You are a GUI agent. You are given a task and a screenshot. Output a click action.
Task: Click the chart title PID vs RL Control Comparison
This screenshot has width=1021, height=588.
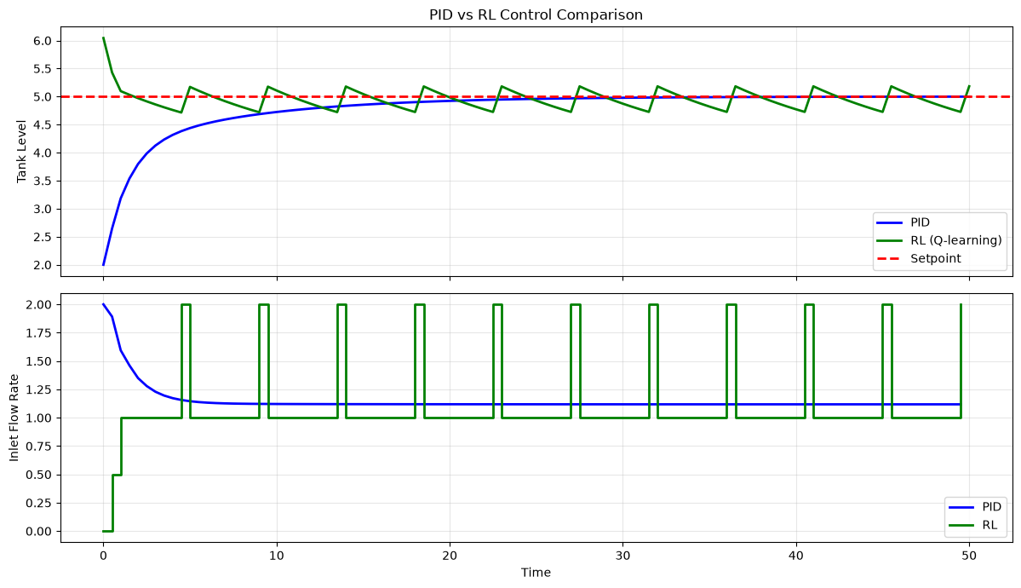pyautogui.click(x=536, y=14)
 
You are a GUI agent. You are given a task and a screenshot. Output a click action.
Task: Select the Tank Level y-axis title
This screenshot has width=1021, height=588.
pyautogui.click(x=21, y=151)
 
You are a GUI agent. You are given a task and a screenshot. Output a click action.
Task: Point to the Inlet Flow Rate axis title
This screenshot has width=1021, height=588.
pyautogui.click(x=14, y=418)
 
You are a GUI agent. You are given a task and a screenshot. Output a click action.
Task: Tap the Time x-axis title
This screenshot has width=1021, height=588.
pyautogui.click(x=536, y=573)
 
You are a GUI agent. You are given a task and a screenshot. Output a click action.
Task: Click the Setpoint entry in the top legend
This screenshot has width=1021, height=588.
pyautogui.click(x=936, y=258)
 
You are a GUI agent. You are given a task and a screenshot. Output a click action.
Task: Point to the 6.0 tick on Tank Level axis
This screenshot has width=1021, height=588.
pyautogui.click(x=43, y=41)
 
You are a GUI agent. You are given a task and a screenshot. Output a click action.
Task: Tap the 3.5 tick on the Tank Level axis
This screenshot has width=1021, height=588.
pyautogui.click(x=43, y=182)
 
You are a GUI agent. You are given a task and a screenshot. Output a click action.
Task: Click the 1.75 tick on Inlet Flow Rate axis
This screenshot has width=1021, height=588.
pyautogui.click(x=40, y=333)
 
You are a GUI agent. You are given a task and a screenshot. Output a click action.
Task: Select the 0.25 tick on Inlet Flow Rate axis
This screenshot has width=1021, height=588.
pyautogui.click(x=40, y=503)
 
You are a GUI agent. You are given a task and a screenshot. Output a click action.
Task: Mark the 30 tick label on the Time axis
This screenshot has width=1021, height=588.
pyautogui.click(x=622, y=556)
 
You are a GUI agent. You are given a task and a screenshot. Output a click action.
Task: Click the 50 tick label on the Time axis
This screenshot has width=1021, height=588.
pyautogui.click(x=970, y=556)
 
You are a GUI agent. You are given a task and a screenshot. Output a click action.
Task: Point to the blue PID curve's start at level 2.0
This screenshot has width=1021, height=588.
pyautogui.click(x=104, y=265)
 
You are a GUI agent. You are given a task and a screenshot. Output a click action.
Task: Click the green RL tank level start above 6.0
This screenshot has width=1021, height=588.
pyautogui.click(x=104, y=37)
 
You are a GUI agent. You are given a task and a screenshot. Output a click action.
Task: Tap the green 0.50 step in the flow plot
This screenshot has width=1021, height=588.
pyautogui.click(x=118, y=475)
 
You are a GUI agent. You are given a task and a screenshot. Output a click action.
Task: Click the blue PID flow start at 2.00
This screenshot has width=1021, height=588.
pyautogui.click(x=104, y=304)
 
